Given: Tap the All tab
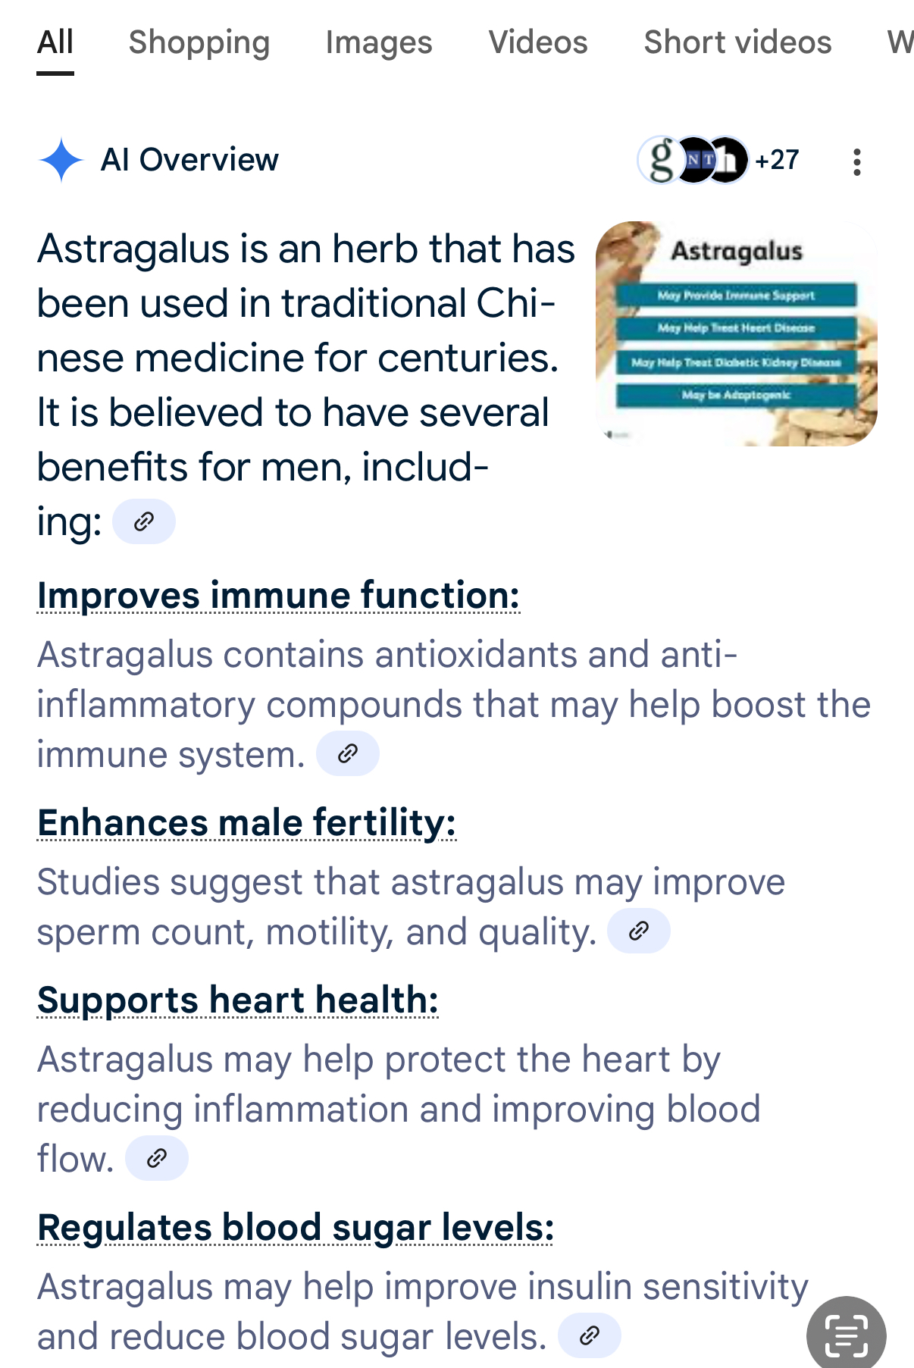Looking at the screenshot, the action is point(55,42).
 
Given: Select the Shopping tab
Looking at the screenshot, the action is point(199,43).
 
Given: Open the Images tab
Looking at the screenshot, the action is point(379,43).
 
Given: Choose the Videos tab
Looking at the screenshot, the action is point(538,42).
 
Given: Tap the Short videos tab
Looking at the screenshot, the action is point(737,42).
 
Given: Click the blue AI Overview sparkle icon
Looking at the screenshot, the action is point(61,160).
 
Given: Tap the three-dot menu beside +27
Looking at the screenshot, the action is point(857,161).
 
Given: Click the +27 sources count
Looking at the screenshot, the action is point(777,160).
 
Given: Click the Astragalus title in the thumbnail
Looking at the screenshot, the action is point(737,251).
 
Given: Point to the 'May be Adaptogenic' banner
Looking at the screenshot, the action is point(736,395).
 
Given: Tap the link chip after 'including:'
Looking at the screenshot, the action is point(144,521).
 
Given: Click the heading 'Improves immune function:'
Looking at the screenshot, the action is point(279,596).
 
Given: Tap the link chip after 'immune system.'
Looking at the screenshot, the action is point(348,753).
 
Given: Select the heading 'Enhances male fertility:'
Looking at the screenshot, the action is point(247,824).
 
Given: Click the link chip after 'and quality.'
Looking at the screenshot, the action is point(639,931).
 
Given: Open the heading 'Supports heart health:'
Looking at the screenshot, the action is point(238,1000).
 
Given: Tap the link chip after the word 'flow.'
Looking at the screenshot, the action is point(157,1158).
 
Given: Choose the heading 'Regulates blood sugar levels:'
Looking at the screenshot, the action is point(296,1229).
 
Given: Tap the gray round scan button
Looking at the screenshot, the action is point(847,1335).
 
